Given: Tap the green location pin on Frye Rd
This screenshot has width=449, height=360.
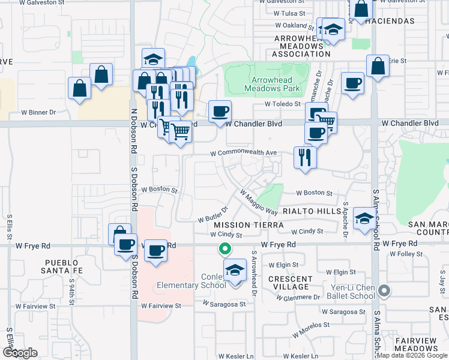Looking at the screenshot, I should tap(225, 248).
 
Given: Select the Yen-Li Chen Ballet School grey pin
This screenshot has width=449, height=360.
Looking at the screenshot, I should tap(385, 292).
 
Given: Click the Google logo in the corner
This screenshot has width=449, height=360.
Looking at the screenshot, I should tap(20, 353).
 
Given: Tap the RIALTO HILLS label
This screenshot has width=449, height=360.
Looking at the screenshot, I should tap(311, 211).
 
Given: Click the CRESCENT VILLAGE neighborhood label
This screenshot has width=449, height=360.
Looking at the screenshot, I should tap(291, 283).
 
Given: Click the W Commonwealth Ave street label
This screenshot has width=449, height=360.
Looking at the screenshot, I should tap(244, 153).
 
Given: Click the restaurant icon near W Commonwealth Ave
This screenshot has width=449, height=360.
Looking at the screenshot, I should tap(305, 157).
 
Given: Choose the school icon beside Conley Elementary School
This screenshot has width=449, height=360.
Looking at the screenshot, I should tap(235, 271).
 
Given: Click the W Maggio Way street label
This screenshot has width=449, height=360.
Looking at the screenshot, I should tap(259, 203).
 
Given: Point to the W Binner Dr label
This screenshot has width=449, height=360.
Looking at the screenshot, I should tap(38, 112).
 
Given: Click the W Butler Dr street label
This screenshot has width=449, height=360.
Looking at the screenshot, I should tap(212, 214).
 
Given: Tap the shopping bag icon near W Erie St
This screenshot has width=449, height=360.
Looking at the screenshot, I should tap(378, 67).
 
